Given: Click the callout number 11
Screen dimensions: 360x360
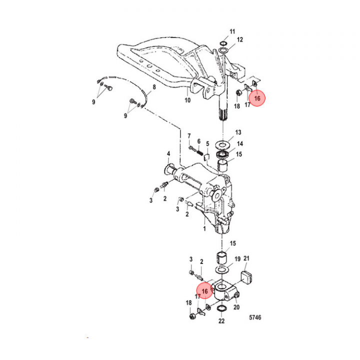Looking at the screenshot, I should pyautogui.click(x=232, y=32).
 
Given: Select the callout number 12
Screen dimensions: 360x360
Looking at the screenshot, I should pyautogui.click(x=240, y=40).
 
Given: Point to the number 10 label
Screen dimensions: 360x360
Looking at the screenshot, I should pyautogui.click(x=187, y=100).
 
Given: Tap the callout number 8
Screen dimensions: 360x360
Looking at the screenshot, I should pyautogui.click(x=154, y=87).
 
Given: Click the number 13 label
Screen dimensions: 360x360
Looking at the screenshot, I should pyautogui.click(x=238, y=132).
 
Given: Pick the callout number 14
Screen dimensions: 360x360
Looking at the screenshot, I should pyautogui.click(x=240, y=143).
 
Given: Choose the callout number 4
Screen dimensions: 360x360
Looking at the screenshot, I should pyautogui.click(x=168, y=153).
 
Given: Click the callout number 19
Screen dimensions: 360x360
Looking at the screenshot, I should pyautogui.click(x=238, y=259).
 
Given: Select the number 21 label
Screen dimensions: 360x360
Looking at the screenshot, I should pyautogui.click(x=246, y=258).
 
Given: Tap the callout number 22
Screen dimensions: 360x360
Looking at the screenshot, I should pyautogui.click(x=221, y=321).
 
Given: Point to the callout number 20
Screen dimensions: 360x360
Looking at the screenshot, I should pyautogui.click(x=236, y=307).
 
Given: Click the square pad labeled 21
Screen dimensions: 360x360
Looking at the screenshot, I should pyautogui.click(x=246, y=275).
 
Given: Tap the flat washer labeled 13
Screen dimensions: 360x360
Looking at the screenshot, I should pyautogui.click(x=222, y=144).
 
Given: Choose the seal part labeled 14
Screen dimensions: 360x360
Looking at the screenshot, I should pyautogui.click(x=222, y=153).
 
